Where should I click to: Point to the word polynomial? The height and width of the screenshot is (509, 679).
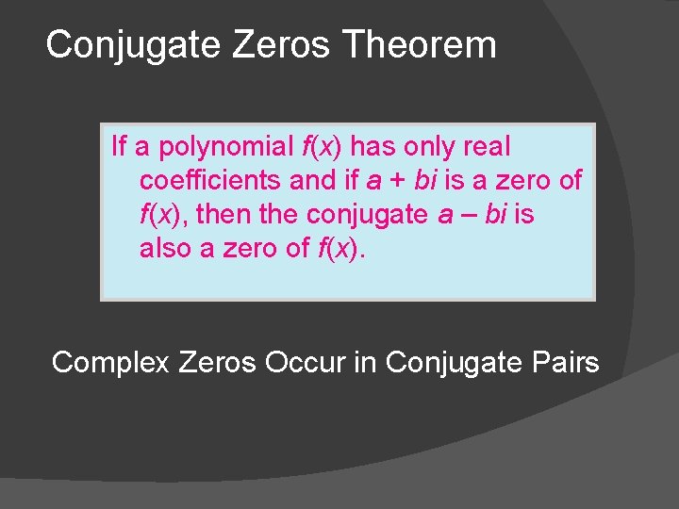click(226, 147)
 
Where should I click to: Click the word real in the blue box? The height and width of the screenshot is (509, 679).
click(488, 147)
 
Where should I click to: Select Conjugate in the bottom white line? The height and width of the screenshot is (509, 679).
click(443, 362)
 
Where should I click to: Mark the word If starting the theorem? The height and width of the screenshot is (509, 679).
click(119, 147)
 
